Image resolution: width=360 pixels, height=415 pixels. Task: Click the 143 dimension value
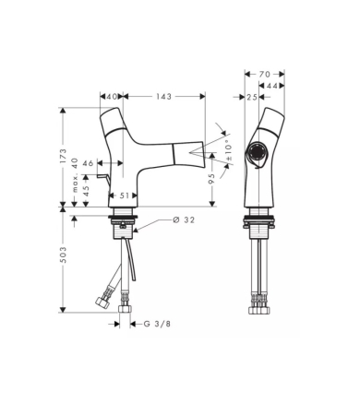click(163, 97)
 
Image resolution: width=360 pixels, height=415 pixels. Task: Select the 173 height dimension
click(63, 156)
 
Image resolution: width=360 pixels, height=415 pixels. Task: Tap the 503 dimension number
click(63, 255)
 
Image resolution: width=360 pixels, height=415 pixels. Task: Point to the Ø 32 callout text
click(184, 220)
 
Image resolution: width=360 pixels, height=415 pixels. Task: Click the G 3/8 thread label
click(157, 324)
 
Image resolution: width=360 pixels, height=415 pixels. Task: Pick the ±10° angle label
click(229, 150)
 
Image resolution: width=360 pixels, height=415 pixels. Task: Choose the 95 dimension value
click(211, 179)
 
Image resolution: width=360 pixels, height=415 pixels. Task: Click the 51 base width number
click(124, 196)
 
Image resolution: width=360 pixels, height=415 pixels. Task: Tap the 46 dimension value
click(88, 163)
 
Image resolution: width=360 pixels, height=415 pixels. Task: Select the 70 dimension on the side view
click(265, 74)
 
